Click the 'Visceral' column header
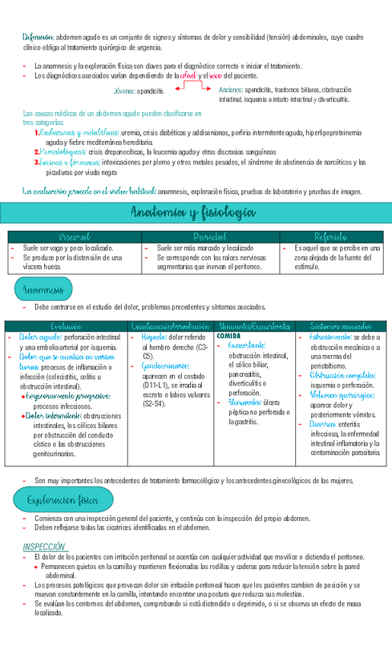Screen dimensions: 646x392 coord(75,237)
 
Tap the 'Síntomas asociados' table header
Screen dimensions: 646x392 coord(341,326)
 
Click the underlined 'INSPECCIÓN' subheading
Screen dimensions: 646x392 coord(44,546)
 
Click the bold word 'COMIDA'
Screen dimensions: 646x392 coord(228,336)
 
